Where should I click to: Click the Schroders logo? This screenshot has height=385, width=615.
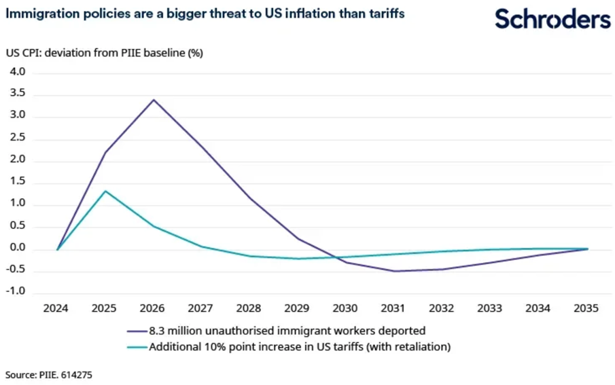tap(552, 19)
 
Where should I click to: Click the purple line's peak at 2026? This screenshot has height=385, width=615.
tap(154, 100)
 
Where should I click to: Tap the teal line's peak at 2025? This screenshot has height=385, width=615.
tap(105, 191)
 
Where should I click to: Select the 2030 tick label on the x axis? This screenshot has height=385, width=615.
tap(345, 308)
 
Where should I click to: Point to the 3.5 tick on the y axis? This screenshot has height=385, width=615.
tap(16, 94)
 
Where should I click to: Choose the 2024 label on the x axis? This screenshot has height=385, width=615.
tap(57, 308)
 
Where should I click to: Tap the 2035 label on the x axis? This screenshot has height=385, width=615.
tap(586, 308)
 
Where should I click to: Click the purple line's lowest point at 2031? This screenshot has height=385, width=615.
tap(393, 271)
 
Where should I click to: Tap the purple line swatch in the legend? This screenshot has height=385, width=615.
tap(135, 331)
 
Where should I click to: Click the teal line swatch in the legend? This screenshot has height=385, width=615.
tap(135, 347)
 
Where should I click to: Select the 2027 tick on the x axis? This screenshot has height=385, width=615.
tap(201, 308)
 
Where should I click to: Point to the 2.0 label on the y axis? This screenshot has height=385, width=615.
tap(16, 160)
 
